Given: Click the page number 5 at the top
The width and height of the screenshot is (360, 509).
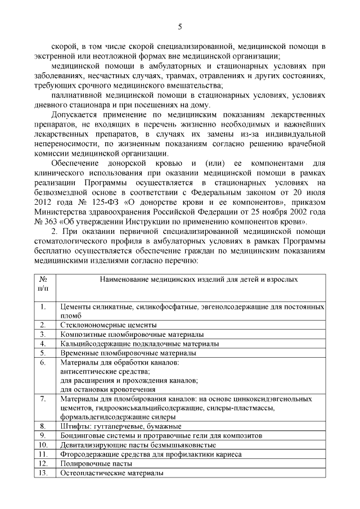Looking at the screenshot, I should coord(180,26).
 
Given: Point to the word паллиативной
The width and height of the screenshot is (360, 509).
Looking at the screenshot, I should coord(74,95).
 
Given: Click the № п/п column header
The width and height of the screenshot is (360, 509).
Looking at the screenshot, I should coord(43,283).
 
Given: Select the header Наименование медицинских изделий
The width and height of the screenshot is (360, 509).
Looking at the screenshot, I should coord(192,279).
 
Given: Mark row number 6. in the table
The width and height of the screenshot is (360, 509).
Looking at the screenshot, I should coord(43,362).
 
